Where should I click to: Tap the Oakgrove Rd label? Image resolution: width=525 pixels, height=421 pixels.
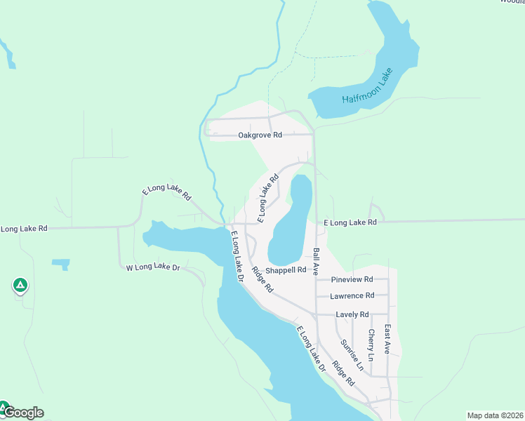click(x=260, y=135)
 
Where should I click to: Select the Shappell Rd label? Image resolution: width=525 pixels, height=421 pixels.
click(x=286, y=269)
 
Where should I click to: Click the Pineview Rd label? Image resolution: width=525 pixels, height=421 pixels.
click(x=352, y=279)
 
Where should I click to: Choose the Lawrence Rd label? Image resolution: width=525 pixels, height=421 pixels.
click(x=352, y=296)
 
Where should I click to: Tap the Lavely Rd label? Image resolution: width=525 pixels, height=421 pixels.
click(x=352, y=314)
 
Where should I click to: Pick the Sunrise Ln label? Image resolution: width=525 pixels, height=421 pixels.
click(x=352, y=355)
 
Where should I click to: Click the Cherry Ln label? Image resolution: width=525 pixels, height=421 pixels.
click(x=371, y=345)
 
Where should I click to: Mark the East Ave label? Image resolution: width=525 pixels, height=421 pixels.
click(x=387, y=338)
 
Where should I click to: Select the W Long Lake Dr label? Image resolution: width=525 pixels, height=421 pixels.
click(x=153, y=267)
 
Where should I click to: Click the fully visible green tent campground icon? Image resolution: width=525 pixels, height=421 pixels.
click(x=20, y=285)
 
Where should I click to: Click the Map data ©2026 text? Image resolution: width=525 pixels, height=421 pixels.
click(x=495, y=415)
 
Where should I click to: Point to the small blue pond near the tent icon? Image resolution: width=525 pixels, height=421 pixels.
click(x=61, y=264)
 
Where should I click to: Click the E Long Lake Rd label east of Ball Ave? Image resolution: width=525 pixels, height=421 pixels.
click(x=350, y=222)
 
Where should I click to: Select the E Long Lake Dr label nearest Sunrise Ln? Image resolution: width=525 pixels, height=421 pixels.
click(x=311, y=349)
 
